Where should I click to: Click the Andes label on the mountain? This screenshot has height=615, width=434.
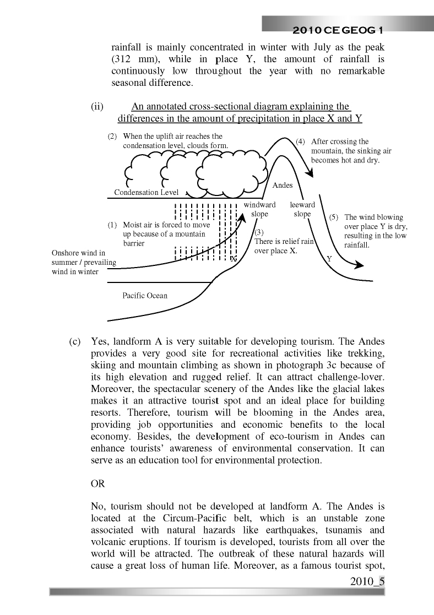[x=283, y=186]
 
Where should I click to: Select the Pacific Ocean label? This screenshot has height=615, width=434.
[x=145, y=296]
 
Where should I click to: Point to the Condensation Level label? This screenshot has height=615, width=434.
[x=146, y=192]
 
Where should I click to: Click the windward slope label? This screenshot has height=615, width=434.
[x=259, y=209]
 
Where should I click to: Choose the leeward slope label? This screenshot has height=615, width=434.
[x=302, y=209]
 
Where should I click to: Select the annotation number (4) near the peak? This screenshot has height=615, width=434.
[x=301, y=141]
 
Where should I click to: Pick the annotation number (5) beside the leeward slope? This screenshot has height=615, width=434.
[x=334, y=217]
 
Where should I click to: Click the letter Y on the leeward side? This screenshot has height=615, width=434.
[x=329, y=258]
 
